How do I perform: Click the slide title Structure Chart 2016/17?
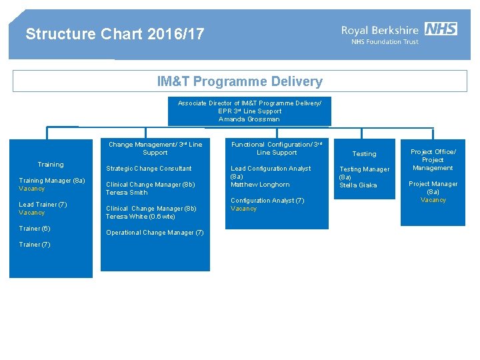click(x=115, y=34)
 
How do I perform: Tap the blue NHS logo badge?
click(x=441, y=29)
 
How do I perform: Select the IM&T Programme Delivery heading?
click(x=239, y=82)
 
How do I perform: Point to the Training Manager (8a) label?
click(x=52, y=181)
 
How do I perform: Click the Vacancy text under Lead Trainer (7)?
click(x=32, y=213)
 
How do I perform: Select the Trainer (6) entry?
click(x=35, y=229)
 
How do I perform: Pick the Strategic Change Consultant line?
click(x=149, y=169)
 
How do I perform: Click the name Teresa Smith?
click(x=127, y=193)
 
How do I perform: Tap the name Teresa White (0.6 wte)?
click(x=141, y=217)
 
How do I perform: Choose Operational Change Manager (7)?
click(x=155, y=233)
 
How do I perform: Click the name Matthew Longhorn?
click(x=260, y=185)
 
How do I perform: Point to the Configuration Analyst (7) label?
click(x=267, y=201)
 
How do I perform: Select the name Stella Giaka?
click(x=358, y=185)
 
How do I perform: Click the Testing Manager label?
click(x=364, y=169)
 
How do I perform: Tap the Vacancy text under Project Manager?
click(x=433, y=200)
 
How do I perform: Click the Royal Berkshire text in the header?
click(x=380, y=29)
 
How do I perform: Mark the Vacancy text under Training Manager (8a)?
click(x=32, y=189)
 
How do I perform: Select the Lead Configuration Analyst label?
click(x=271, y=169)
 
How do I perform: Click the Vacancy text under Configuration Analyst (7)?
click(x=243, y=209)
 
